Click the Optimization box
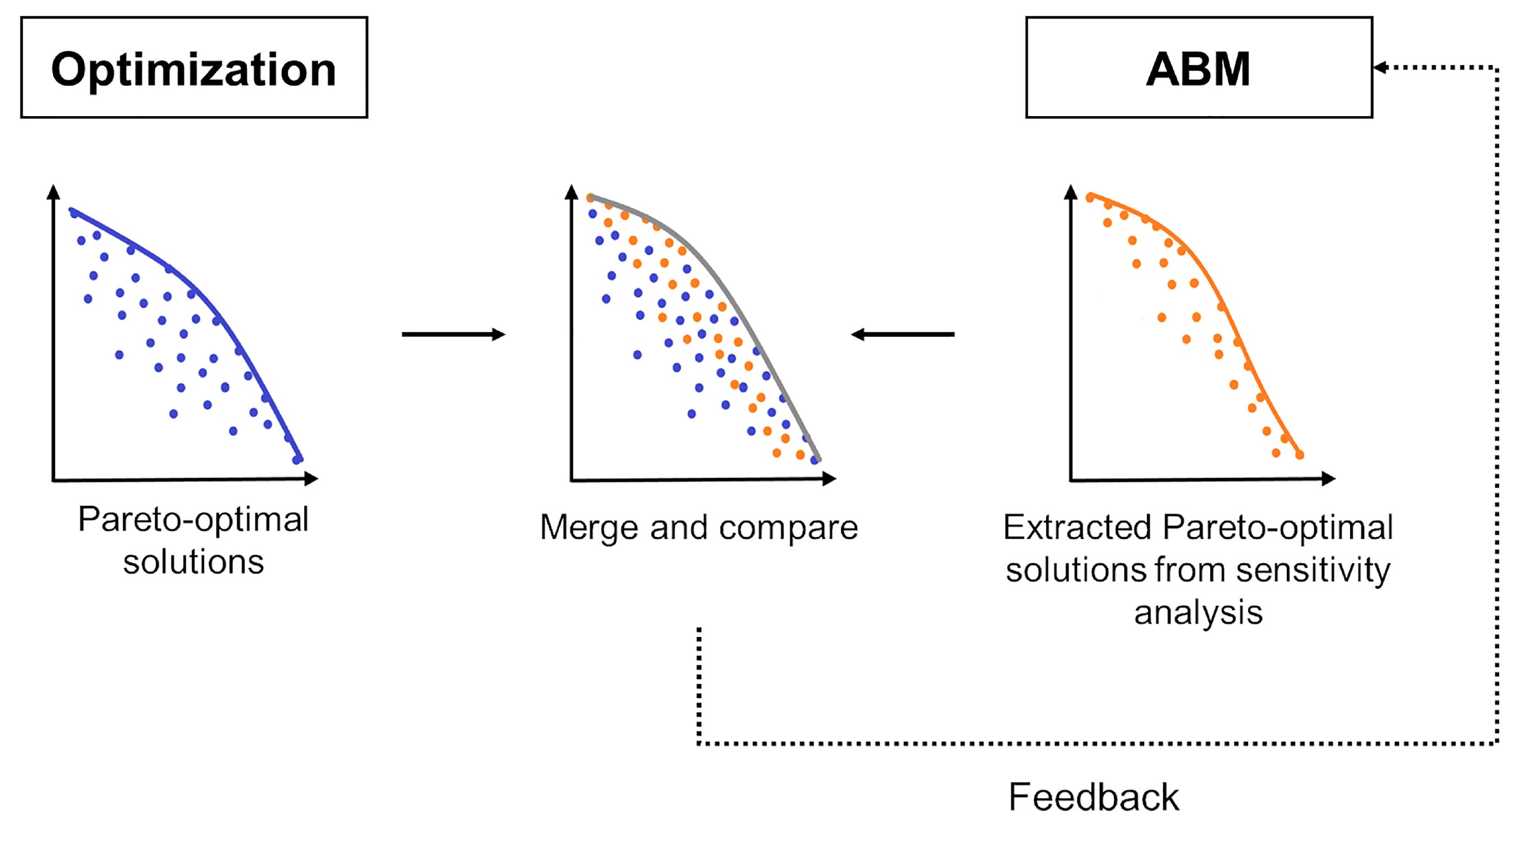[x=194, y=68]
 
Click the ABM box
[x=1199, y=68]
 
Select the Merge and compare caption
[x=699, y=527]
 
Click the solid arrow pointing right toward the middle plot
[x=453, y=335]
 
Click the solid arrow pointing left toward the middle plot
[x=902, y=335]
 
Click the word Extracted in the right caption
[x=1077, y=527]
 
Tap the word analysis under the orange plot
[x=1198, y=613]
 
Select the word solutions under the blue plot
[x=193, y=562]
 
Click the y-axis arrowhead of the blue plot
[x=53, y=192]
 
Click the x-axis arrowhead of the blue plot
[x=312, y=479]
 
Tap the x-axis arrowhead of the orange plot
[x=1329, y=479]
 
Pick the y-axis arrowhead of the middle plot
[x=571, y=192]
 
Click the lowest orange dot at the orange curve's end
[x=1299, y=455]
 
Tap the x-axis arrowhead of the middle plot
[x=829, y=479]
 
